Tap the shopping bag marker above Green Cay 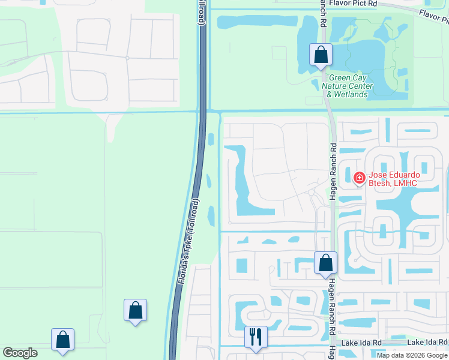(321, 55)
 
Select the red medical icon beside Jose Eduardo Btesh (359, 178)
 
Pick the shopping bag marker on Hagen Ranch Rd (325, 263)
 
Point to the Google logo (20, 353)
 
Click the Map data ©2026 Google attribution (412, 355)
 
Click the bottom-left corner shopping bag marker (62, 340)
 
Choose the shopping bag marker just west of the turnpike (135, 310)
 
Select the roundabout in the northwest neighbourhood (127, 58)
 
